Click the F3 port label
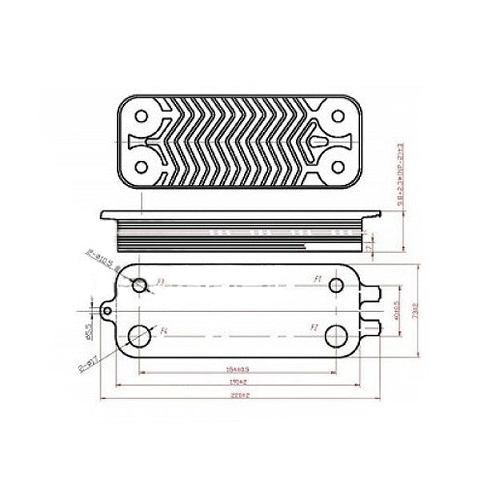(160, 282)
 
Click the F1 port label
(318, 279)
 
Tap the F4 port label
(164, 330)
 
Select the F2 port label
(314, 328)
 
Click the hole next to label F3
(141, 285)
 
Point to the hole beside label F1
(334, 285)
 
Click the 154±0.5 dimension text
(238, 370)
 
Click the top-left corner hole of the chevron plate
(142, 114)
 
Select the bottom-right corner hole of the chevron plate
(336, 166)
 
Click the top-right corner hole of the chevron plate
(336, 114)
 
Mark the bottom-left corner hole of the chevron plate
(142, 166)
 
